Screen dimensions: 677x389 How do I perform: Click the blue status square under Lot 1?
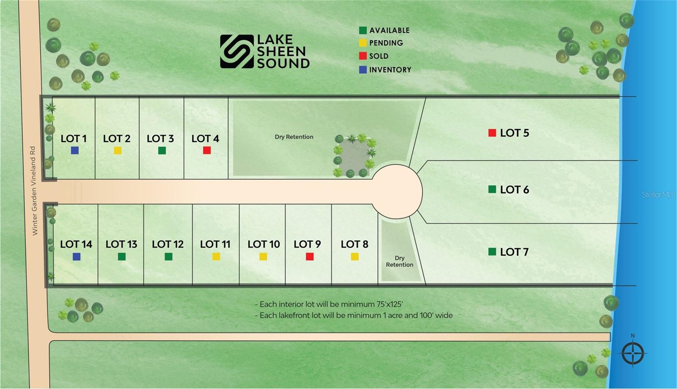coord(74,150)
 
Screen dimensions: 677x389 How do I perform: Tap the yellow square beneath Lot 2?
coord(118,150)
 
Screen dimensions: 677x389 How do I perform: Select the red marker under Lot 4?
coord(207,150)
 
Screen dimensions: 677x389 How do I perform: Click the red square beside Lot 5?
coord(492,133)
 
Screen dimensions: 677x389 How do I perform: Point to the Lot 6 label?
coord(515,190)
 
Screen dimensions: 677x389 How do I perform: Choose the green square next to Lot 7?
coord(492,252)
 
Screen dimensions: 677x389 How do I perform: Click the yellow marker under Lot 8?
coord(355,257)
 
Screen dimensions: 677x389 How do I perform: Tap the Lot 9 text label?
coord(307,244)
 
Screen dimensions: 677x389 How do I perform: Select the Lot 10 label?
coord(264,244)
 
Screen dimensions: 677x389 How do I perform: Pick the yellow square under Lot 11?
coord(216,257)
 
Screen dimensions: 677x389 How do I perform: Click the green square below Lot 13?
coord(121,257)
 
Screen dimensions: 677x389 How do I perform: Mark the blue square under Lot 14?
coord(77,257)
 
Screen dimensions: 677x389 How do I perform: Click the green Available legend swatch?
coord(363,30)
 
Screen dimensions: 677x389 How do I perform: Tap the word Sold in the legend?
coord(379,56)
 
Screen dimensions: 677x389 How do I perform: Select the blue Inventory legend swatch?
coord(363,69)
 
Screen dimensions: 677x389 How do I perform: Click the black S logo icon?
coord(237,51)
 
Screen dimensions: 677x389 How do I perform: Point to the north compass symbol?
coord(633,351)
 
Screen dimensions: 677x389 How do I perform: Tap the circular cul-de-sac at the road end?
coord(396,192)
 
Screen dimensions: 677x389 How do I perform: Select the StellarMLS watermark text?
coord(658,194)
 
